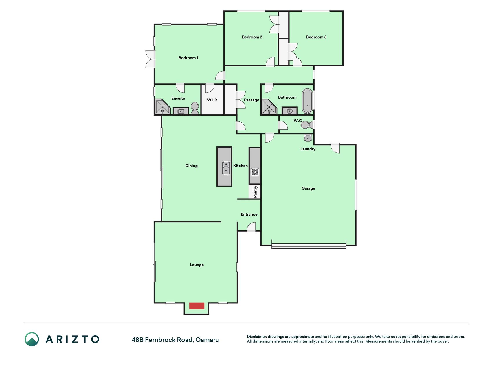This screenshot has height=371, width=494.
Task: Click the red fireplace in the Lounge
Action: (197, 305)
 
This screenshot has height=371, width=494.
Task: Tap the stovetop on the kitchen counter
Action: (255, 172)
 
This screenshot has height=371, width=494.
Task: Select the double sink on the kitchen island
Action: (226, 168)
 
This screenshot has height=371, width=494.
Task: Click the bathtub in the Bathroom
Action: (307, 101)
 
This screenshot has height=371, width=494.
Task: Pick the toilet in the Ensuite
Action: (195, 108)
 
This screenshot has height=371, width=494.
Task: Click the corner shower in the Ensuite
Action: (163, 107)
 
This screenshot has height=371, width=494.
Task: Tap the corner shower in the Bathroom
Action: (269, 107)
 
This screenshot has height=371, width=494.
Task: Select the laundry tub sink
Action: (308, 138)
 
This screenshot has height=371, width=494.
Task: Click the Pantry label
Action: (255, 192)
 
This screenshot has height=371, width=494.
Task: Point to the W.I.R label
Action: (212, 100)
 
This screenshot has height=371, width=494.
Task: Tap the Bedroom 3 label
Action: (316, 37)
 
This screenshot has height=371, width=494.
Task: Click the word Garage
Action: (308, 188)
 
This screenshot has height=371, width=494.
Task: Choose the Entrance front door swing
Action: (251, 227)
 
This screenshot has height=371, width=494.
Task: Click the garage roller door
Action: (309, 246)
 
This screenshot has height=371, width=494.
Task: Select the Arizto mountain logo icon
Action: (32, 339)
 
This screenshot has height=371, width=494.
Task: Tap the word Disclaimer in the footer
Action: (257, 337)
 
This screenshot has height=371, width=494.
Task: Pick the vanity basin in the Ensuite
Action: (181, 111)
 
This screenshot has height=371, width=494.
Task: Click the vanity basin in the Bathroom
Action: (290, 111)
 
